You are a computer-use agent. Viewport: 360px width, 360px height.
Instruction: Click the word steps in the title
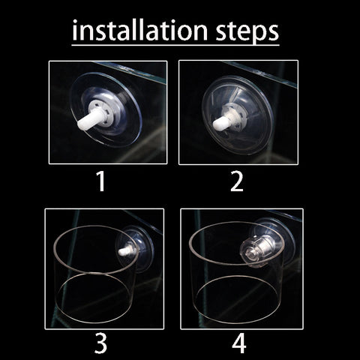pyautogui.click(x=247, y=31)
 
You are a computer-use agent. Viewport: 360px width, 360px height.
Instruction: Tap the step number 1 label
pyautogui.click(x=101, y=181)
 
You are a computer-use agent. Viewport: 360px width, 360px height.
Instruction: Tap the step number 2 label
pyautogui.click(x=236, y=181)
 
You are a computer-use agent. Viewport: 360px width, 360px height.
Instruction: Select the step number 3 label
pyautogui.click(x=100, y=343)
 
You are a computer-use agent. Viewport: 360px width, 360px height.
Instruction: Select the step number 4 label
pyautogui.click(x=239, y=343)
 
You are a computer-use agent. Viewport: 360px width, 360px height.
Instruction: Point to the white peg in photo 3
pyautogui.click(x=125, y=251)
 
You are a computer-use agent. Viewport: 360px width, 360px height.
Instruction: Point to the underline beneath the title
pyautogui.click(x=175, y=45)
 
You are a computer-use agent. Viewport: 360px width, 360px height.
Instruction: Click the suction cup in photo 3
pyautogui.click(x=135, y=247)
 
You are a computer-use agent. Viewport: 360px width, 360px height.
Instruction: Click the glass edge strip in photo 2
pyautogui.click(x=260, y=74)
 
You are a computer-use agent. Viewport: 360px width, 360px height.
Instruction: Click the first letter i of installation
pyautogui.click(x=75, y=31)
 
